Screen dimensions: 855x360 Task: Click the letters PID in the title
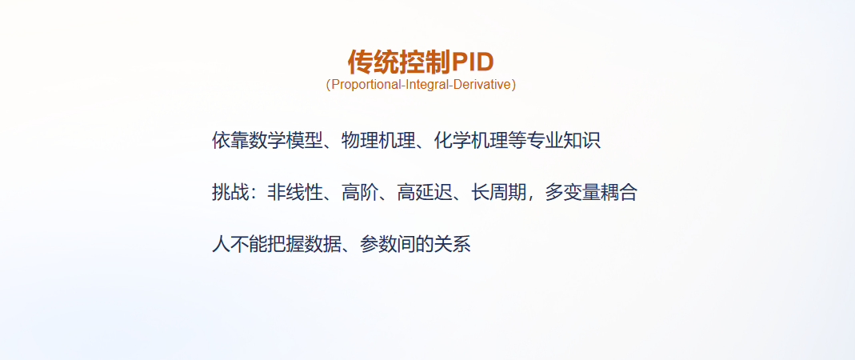473,62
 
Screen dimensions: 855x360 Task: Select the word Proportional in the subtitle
364,85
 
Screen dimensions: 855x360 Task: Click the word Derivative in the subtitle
481,85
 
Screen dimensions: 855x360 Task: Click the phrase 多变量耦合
591,193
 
